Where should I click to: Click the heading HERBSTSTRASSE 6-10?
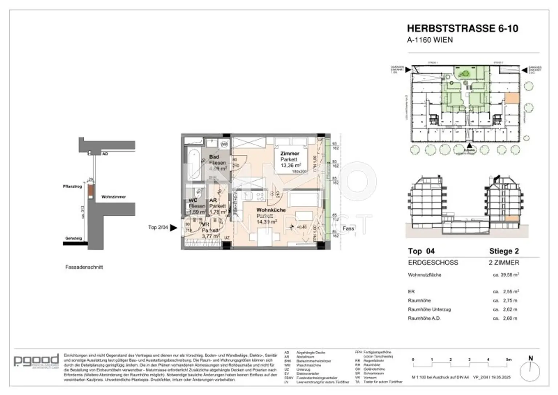[x=462, y=28]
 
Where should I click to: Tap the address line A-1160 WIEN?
[x=430, y=40]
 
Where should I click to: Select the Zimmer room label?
[x=290, y=153]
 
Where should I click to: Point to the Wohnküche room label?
[x=271, y=210]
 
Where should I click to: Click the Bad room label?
[x=214, y=157]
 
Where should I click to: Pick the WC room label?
[x=193, y=200]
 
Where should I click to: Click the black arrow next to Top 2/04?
[x=174, y=227]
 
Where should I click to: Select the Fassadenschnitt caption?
[x=84, y=267]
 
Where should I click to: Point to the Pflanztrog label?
[x=72, y=186]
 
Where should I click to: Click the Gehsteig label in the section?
[x=73, y=238]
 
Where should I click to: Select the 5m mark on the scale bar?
[x=508, y=359]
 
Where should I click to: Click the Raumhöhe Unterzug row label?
[x=429, y=309]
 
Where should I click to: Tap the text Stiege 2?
[x=504, y=251]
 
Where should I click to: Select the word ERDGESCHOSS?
[x=433, y=262]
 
